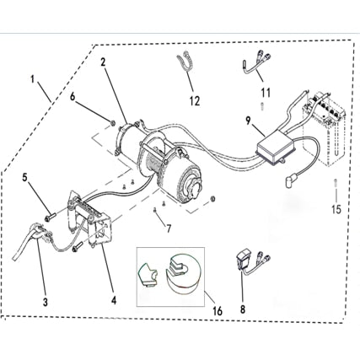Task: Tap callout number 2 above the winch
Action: [x=103, y=62]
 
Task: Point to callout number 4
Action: [x=115, y=298]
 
